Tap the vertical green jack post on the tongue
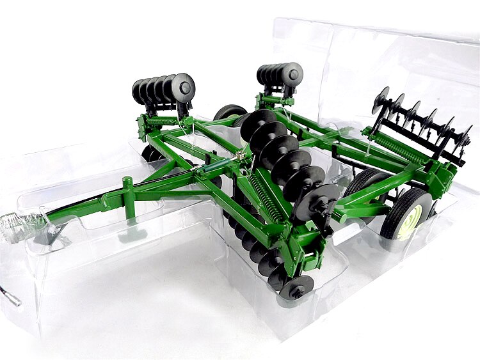point(127,191)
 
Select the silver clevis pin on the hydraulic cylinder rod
point(242,155)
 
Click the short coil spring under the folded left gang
point(163,119)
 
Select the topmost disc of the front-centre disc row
point(257,123)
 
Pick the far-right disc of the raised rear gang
point(462,137)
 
